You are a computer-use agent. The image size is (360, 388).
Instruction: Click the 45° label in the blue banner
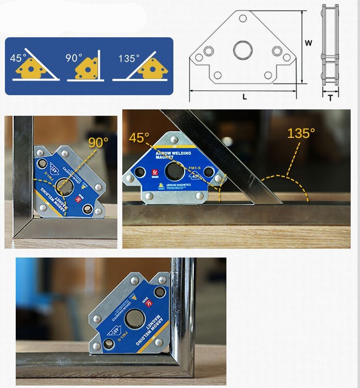18,58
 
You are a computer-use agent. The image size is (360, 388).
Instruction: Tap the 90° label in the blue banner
74,58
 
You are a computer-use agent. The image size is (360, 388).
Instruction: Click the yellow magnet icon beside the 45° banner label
29,70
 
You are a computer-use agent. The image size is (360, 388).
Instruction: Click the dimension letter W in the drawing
308,43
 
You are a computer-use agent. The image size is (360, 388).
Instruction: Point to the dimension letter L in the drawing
245,97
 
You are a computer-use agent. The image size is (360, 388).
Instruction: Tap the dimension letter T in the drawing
330,98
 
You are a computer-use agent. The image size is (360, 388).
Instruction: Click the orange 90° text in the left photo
98,143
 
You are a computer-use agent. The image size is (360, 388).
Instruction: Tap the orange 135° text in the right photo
301,133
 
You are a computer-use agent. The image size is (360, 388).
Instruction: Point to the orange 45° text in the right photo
139,138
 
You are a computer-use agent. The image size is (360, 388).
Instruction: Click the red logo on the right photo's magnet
154,173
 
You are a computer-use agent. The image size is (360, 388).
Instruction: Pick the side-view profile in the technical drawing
330,47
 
